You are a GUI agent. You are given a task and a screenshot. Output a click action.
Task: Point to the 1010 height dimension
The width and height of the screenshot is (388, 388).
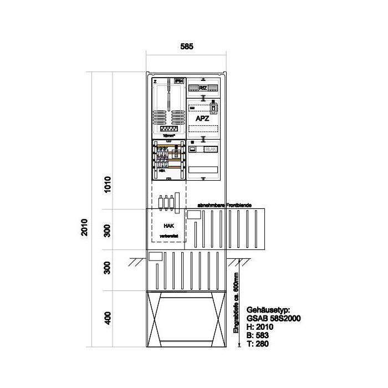pos(109,183)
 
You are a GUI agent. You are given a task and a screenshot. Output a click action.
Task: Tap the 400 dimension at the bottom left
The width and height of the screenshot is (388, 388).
pos(109,318)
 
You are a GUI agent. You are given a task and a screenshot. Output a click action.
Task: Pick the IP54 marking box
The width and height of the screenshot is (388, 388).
pos(178,81)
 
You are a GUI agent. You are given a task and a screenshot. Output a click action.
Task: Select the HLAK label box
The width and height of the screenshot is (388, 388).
pos(211,149)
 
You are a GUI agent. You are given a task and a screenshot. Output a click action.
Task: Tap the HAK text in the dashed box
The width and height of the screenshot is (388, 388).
pos(169,226)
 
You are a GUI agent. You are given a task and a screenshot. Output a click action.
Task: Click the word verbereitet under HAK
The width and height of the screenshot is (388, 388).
pos(168,237)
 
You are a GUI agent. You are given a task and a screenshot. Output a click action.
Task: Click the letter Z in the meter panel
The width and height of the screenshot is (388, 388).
pos(155,81)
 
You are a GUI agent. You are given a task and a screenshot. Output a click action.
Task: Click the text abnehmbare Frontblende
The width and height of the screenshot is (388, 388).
pos(220,206)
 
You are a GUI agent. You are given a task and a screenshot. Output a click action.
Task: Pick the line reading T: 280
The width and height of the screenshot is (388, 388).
pos(256,344)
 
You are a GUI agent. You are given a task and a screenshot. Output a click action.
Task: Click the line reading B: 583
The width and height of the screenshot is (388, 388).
pos(256,335)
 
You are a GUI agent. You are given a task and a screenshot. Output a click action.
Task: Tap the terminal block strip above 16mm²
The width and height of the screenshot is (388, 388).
pos(168,128)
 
